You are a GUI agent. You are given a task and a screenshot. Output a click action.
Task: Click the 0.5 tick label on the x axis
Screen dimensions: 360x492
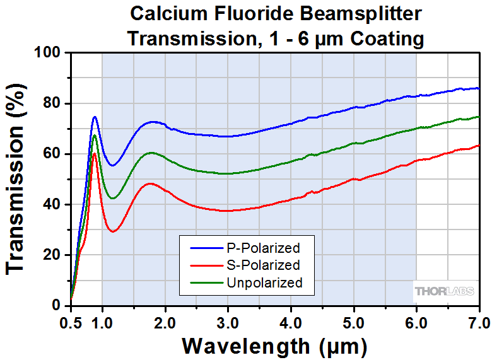click(71, 323)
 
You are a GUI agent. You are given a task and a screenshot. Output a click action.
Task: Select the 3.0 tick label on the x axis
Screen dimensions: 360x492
click(228, 323)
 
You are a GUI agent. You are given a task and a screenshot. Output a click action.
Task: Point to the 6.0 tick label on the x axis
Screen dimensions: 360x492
click(416, 323)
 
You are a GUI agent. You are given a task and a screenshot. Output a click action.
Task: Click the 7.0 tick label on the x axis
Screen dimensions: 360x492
click(478, 323)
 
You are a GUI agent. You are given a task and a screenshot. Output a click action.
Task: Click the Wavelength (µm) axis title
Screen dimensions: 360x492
click(274, 346)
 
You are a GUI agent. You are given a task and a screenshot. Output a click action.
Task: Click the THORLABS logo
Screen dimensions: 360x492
click(445, 291)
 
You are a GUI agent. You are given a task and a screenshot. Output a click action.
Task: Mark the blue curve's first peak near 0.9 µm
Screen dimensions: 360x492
click(95, 117)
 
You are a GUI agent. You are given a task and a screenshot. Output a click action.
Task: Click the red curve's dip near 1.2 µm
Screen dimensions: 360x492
click(113, 232)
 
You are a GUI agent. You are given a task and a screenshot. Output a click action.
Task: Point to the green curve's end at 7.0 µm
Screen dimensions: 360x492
click(479, 117)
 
